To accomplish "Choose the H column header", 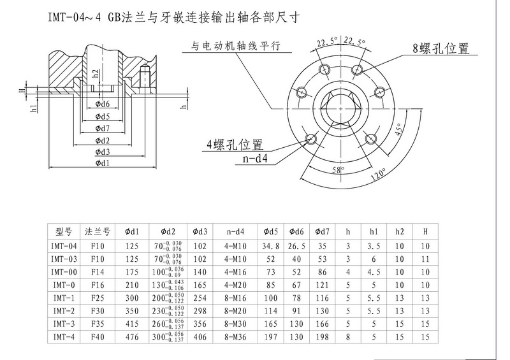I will click(x=425, y=231).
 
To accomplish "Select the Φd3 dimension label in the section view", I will click(x=102, y=152).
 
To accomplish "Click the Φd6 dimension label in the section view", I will click(x=102, y=104).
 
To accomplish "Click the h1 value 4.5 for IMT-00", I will click(x=374, y=270).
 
